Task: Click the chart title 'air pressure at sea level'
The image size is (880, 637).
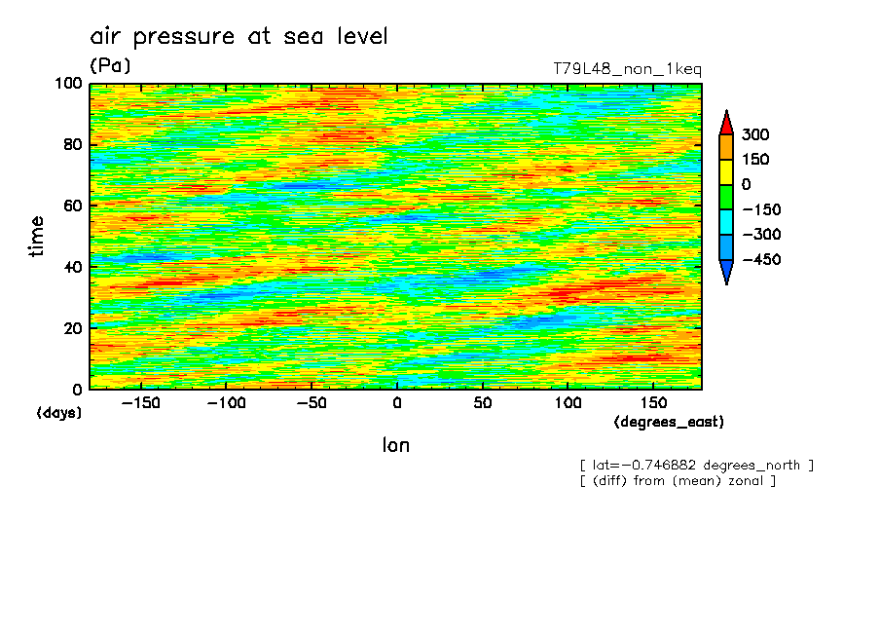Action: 238,37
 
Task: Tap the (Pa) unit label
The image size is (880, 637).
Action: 110,66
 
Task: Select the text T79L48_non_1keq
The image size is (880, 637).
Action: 626,69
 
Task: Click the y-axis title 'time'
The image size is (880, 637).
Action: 37,237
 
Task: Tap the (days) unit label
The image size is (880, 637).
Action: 59,413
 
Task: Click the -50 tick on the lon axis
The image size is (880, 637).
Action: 312,403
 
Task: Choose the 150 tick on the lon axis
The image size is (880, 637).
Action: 652,403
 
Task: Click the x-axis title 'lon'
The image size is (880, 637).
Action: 395,446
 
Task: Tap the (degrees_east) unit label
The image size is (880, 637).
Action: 669,422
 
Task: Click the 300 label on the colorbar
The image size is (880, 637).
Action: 755,134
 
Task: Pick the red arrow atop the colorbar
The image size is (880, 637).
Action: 726,123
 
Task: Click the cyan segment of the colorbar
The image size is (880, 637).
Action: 726,222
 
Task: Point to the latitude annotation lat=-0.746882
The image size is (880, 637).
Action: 696,466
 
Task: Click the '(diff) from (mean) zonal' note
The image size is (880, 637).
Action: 678,481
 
